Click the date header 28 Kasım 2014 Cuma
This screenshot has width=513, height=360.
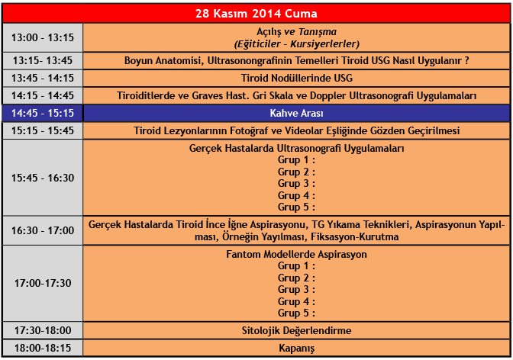click(x=256, y=14)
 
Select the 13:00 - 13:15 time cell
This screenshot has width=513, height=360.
click(x=43, y=37)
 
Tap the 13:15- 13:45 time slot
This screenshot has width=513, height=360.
click(x=43, y=60)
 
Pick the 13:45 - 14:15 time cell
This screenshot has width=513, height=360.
click(x=43, y=78)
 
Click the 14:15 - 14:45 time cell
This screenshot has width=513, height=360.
click(x=43, y=95)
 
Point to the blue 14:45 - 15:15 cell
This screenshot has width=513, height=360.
click(x=43, y=113)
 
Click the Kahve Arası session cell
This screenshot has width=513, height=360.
click(x=295, y=113)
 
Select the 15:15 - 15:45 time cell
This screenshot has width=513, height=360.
click(x=43, y=130)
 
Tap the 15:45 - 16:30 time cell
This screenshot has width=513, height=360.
click(x=43, y=178)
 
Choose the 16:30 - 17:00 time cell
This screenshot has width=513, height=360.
click(x=43, y=230)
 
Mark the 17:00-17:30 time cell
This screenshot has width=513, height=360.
click(x=43, y=283)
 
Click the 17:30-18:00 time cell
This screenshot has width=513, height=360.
click(x=43, y=330)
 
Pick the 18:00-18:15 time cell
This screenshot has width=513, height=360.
click(x=43, y=348)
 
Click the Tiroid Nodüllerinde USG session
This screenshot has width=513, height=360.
click(x=295, y=78)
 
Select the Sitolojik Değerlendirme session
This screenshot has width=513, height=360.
click(x=295, y=330)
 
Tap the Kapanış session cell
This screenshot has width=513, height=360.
click(x=295, y=348)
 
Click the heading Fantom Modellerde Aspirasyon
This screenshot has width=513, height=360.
click(x=296, y=254)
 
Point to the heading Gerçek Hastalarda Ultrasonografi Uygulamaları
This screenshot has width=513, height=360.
click(x=296, y=148)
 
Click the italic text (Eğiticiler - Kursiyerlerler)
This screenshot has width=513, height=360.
click(x=296, y=43)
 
